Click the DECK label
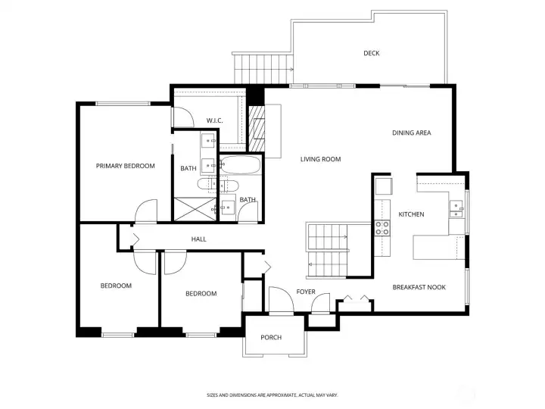pyautogui.click(x=371, y=53)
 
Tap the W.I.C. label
pyautogui.click(x=214, y=120)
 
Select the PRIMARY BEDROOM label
pyautogui.click(x=125, y=166)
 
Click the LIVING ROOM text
pyautogui.click(x=320, y=159)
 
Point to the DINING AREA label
pyautogui.click(x=411, y=133)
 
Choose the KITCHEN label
pyautogui.click(x=411, y=214)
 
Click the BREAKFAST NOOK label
pyautogui.click(x=419, y=287)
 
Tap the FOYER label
pyautogui.click(x=306, y=292)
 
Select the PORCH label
pyautogui.click(x=271, y=337)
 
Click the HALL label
pyautogui.click(x=198, y=239)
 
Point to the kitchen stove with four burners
pyautogui.click(x=382, y=227)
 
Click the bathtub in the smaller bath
pyautogui.click(x=240, y=166)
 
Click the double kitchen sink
pyautogui.click(x=456, y=209)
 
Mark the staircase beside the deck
pyautogui.click(x=262, y=69)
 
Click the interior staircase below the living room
pyautogui.click(x=326, y=250)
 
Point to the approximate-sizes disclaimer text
pyautogui.click(x=272, y=395)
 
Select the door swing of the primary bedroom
pyautogui.click(x=145, y=211)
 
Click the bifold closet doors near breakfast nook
pyautogui.click(x=355, y=298)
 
